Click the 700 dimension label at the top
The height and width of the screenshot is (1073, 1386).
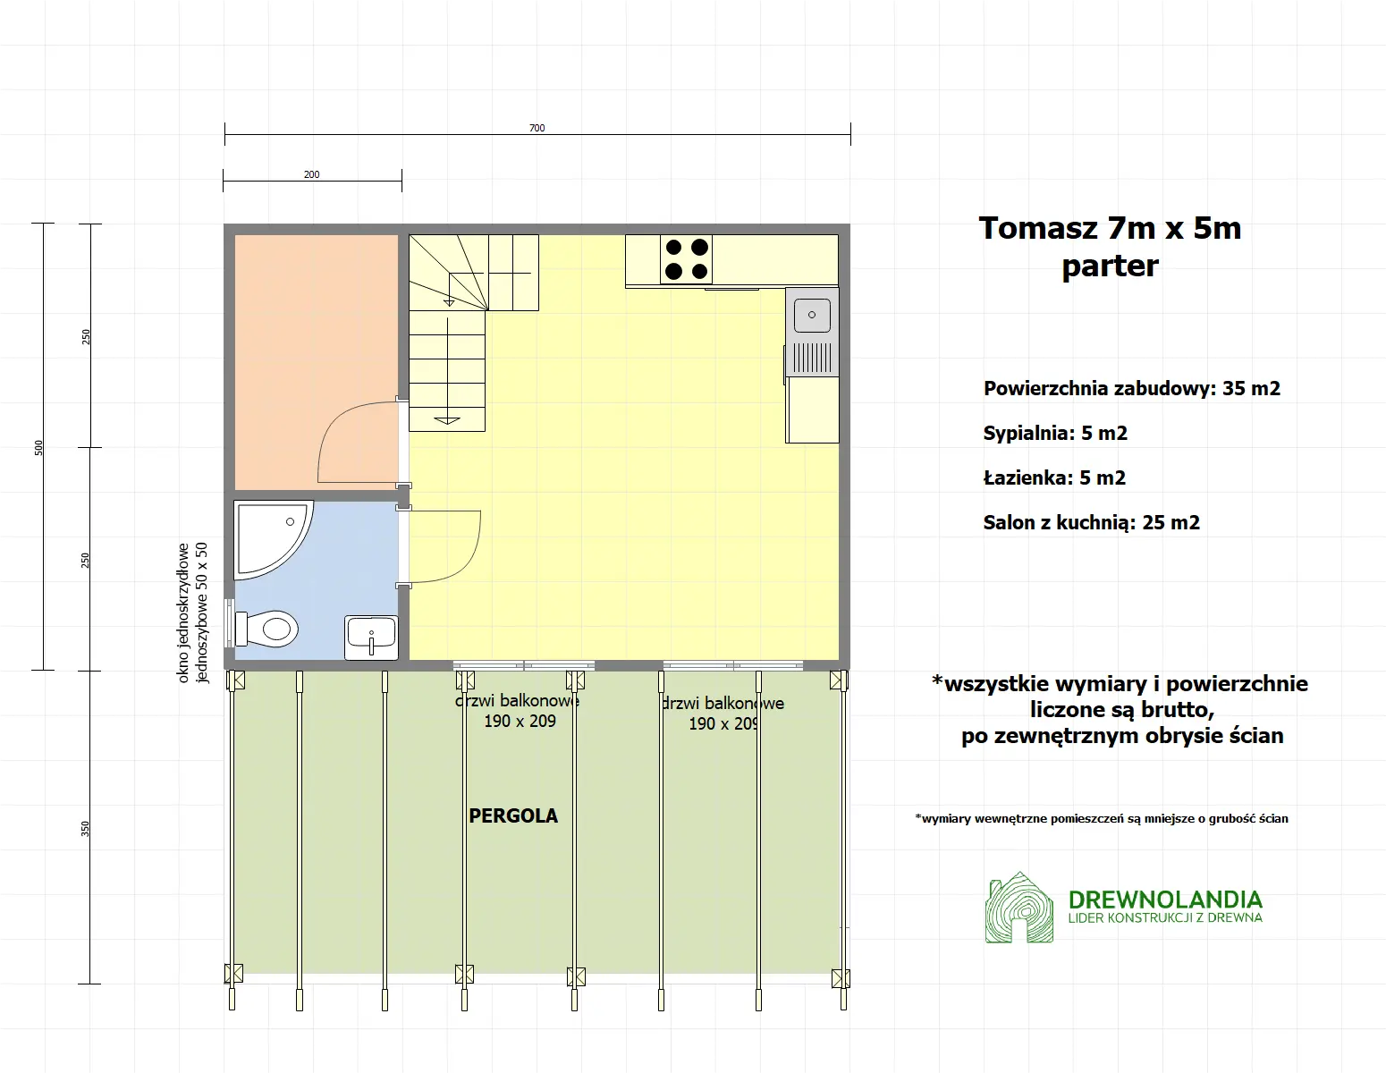[x=537, y=128]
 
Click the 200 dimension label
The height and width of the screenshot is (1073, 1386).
[x=311, y=174]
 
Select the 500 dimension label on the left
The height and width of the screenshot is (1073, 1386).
[x=38, y=447]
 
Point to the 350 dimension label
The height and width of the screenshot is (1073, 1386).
[x=86, y=829]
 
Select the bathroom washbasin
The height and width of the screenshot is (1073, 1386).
[x=371, y=636]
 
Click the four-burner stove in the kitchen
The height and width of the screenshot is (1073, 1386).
[x=687, y=259]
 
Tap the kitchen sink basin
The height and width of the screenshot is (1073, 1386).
[x=812, y=316]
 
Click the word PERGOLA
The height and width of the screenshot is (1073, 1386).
[x=513, y=815]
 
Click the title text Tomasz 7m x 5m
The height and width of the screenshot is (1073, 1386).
[x=1110, y=229]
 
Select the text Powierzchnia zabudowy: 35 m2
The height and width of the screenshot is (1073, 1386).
[x=1131, y=389]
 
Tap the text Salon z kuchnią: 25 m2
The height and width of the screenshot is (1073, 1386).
[x=1091, y=523]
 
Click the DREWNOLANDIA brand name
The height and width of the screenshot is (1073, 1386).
[x=1165, y=899]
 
